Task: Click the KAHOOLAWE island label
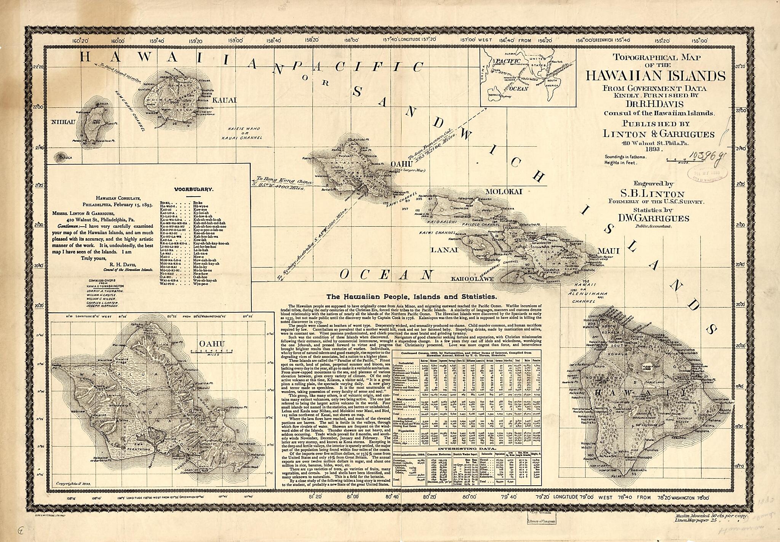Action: pyautogui.click(x=472, y=279)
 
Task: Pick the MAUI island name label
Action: pyautogui.click(x=609, y=251)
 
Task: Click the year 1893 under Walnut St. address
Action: pyautogui.click(x=652, y=150)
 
